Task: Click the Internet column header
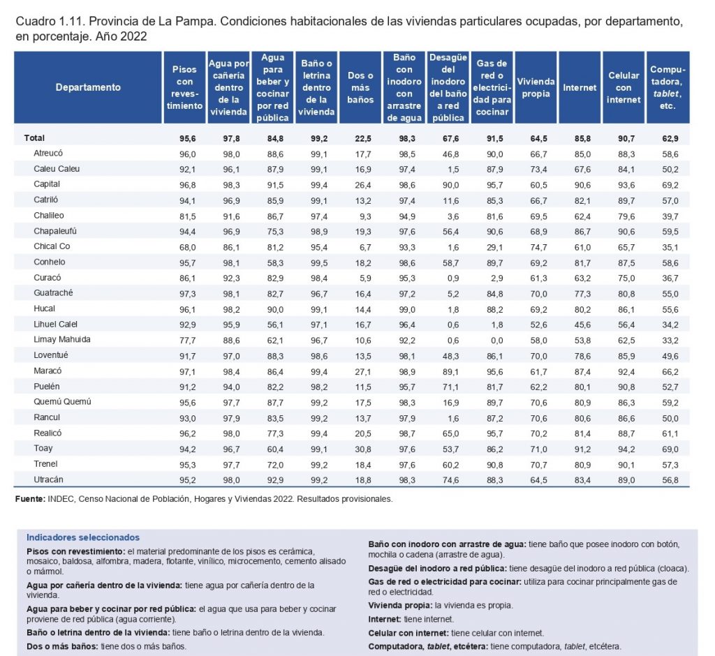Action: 579,87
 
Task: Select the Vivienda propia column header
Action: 536,87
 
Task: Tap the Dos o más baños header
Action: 360,87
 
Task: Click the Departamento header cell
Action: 88,87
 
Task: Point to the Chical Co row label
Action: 52,246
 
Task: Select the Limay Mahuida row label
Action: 62,339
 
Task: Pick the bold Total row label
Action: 34,137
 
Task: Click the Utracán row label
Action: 48,479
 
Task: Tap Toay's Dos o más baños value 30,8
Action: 363,449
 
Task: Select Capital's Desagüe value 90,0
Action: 450,185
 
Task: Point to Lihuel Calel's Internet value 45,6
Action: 582,325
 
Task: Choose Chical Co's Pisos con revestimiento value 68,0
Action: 187,247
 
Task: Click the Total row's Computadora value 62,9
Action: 670,139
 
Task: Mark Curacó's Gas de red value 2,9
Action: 497,278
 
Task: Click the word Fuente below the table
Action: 30,499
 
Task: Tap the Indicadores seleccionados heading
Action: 83,537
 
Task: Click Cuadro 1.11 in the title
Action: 50,22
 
